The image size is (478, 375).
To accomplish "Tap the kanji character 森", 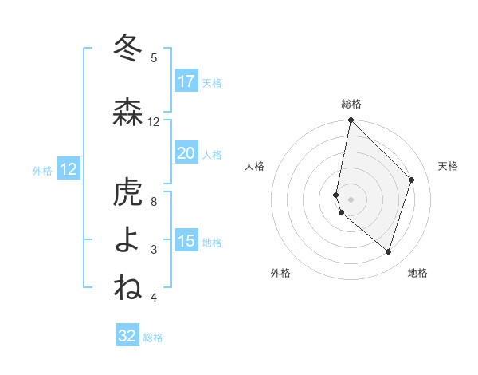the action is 127,112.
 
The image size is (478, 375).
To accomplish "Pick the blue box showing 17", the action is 186,81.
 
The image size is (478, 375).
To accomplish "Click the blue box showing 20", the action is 186,153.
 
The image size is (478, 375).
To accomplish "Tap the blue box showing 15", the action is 186,241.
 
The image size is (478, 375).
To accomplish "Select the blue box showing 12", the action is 69,169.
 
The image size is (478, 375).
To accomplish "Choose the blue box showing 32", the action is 127,336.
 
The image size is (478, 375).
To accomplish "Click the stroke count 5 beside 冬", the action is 154,58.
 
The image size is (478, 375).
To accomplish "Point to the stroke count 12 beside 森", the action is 154,122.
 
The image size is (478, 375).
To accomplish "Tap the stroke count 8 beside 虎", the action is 154,202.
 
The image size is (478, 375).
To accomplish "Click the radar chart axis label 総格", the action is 351,104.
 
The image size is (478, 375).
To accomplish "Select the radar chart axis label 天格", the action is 448,166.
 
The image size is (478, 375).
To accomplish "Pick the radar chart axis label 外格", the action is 280,273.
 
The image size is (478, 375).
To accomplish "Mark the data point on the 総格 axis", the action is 351,120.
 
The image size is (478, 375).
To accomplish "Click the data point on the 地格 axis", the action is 388,251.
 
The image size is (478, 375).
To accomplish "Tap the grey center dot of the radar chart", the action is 351,199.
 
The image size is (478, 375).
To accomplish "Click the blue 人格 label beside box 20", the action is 212,155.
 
